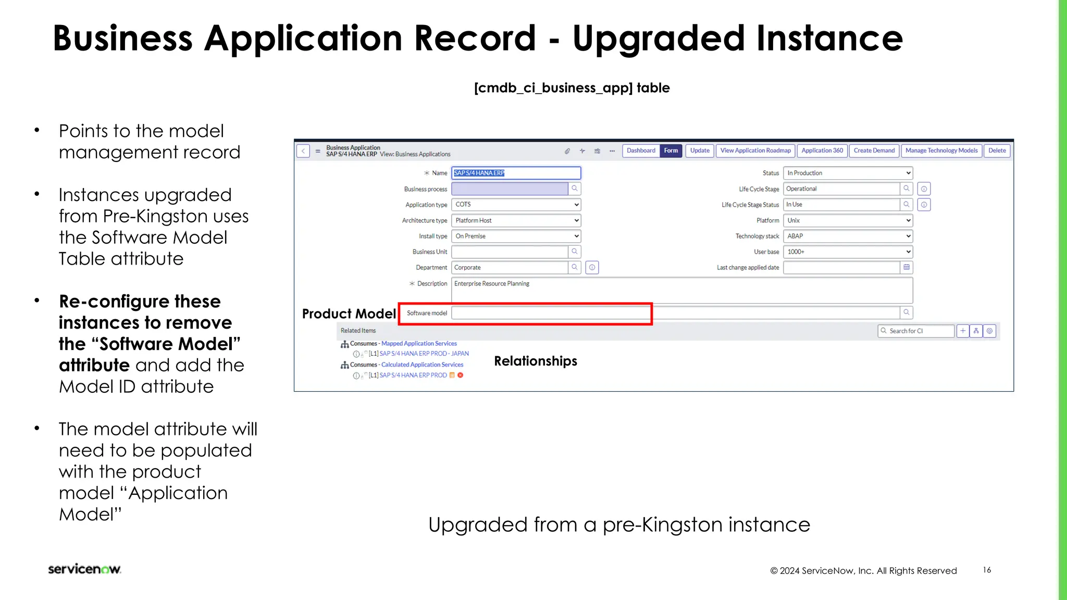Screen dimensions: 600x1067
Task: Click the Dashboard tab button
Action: pos(641,151)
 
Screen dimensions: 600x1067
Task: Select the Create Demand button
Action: pos(874,151)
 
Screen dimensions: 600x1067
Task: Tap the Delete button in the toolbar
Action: pos(997,151)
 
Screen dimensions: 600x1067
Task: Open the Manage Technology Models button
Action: pos(941,151)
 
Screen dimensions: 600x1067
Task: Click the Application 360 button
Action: pos(822,151)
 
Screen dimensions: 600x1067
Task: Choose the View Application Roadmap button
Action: pos(755,151)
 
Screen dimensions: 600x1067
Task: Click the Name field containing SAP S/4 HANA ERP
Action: pos(515,173)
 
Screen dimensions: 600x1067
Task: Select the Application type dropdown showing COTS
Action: pos(515,205)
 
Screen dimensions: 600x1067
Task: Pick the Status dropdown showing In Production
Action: pos(848,173)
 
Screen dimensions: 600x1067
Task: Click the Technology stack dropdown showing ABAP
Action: pos(848,236)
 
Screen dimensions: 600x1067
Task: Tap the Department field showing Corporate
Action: pos(509,268)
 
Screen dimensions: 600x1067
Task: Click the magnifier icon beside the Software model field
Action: pos(907,312)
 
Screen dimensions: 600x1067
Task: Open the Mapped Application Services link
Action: pos(419,344)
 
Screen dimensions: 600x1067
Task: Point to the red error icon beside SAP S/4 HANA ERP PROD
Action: pos(461,376)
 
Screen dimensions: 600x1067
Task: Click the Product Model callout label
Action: pos(349,314)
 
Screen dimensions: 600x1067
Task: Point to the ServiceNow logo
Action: pos(84,569)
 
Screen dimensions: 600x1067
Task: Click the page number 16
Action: pos(987,570)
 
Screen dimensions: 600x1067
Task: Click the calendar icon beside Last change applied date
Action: pos(907,268)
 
